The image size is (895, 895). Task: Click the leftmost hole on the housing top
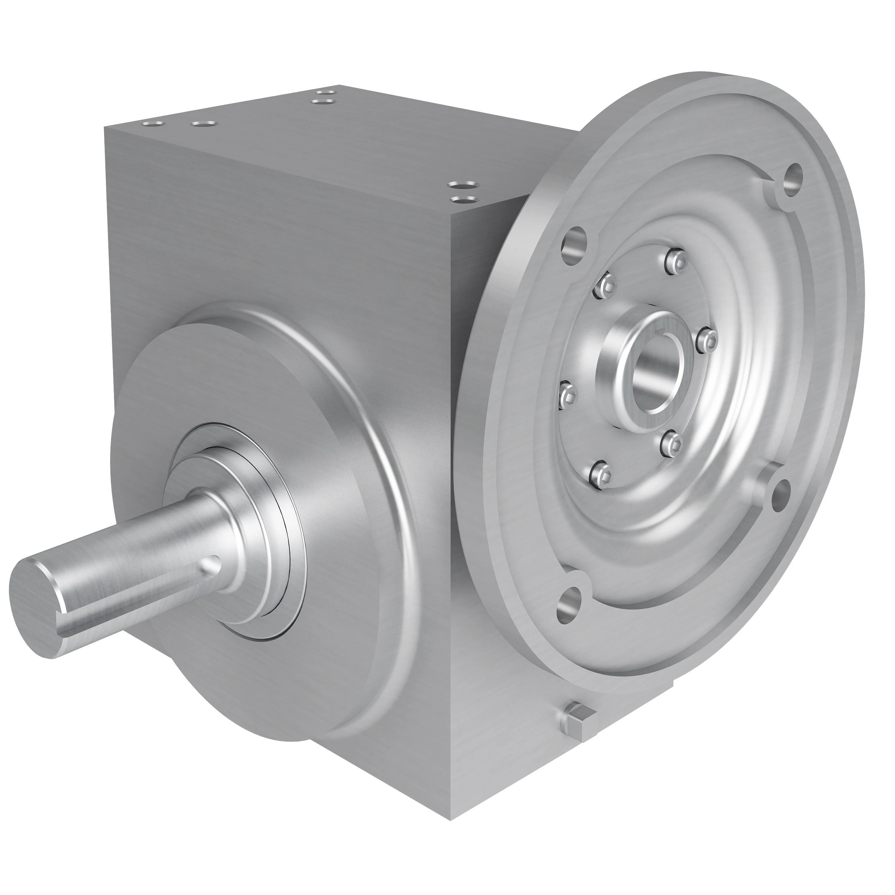click(x=152, y=124)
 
